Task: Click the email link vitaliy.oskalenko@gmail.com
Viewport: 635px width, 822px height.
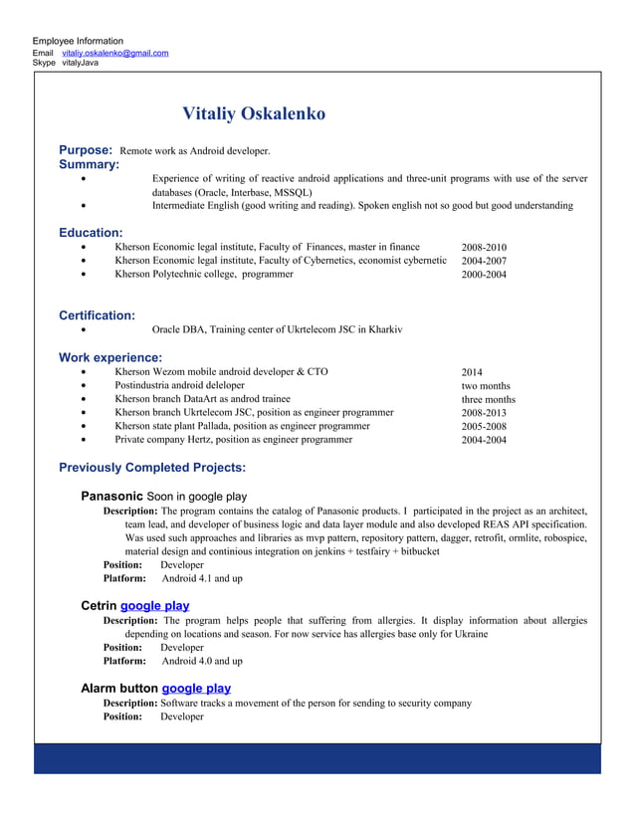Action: pyautogui.click(x=114, y=53)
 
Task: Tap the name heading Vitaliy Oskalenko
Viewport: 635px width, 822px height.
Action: pyautogui.click(x=254, y=113)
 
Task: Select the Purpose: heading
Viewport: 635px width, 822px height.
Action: pyautogui.click(x=85, y=150)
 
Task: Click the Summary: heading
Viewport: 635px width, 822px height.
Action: pyautogui.click(x=89, y=164)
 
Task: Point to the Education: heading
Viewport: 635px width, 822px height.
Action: pyautogui.click(x=91, y=232)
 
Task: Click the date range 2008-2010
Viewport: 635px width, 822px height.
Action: pyautogui.click(x=484, y=247)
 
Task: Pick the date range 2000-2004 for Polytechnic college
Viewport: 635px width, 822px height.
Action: pyautogui.click(x=484, y=275)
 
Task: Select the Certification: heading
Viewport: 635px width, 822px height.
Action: pyautogui.click(x=97, y=315)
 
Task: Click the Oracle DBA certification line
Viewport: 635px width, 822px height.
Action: pyautogui.click(x=277, y=329)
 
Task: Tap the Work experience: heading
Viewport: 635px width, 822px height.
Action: pyautogui.click(x=110, y=357)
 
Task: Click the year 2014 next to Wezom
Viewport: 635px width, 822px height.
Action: pyautogui.click(x=472, y=372)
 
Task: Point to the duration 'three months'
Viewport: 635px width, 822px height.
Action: pyautogui.click(x=488, y=399)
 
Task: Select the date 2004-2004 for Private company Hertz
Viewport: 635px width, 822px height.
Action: pyautogui.click(x=484, y=440)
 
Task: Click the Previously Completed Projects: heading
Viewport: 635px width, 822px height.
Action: pyautogui.click(x=152, y=468)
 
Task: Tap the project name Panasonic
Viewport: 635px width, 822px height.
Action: pyautogui.click(x=112, y=496)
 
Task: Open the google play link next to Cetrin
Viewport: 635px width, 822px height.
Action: pyautogui.click(x=154, y=605)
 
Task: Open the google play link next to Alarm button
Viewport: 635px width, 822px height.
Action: pyautogui.click(x=196, y=688)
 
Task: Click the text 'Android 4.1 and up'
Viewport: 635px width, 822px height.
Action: pyautogui.click(x=202, y=578)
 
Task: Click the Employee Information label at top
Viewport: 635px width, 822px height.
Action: pyautogui.click(x=78, y=41)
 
